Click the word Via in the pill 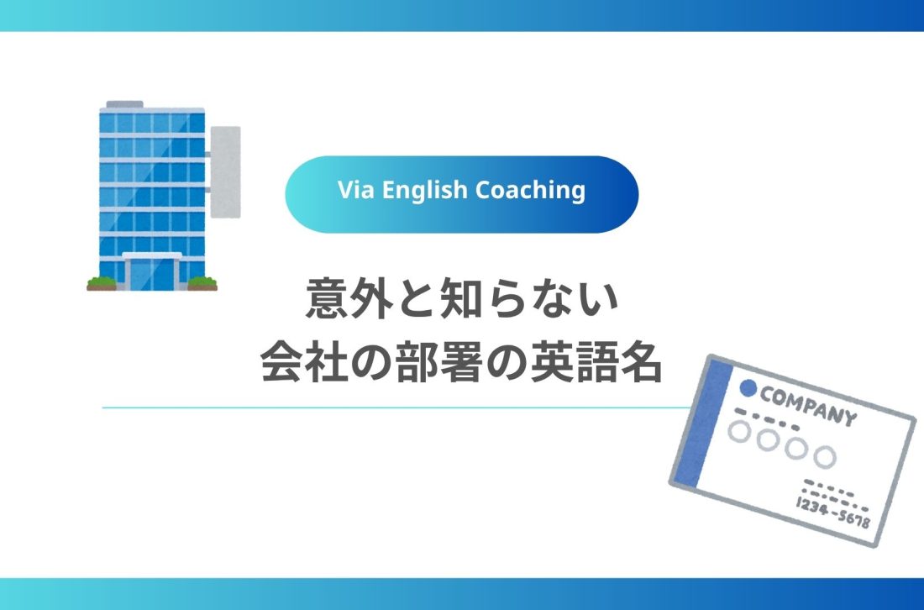click(x=354, y=191)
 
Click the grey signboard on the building click(x=224, y=171)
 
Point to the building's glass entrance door click(x=152, y=271)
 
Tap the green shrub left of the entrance click(x=102, y=282)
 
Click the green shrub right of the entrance click(x=202, y=282)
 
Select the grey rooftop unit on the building click(x=123, y=104)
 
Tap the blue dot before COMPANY click(x=747, y=389)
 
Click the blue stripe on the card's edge click(x=697, y=423)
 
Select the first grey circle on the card click(x=739, y=432)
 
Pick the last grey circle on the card click(x=826, y=456)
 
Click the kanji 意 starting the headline click(x=324, y=302)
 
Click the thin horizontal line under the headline click(x=395, y=408)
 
